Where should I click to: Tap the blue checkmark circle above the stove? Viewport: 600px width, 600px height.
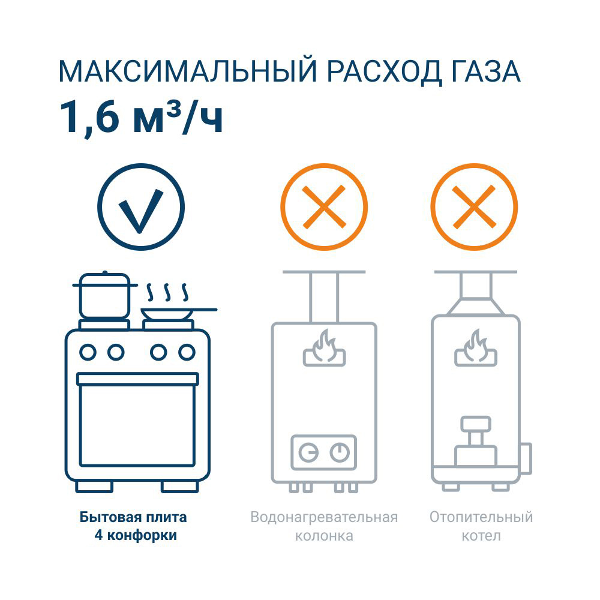141,207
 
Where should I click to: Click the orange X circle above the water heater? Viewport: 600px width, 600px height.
324,207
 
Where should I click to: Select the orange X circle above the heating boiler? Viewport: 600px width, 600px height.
474,207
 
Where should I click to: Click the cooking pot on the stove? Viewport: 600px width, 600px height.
104,296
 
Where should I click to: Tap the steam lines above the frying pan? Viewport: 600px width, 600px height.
167,292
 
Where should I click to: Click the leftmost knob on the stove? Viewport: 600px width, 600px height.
88,352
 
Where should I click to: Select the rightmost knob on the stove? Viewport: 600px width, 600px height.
187,352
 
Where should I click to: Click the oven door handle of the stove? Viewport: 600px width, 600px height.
137,379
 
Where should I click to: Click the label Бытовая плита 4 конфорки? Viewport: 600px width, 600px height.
133,526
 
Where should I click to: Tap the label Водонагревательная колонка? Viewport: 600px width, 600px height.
324,526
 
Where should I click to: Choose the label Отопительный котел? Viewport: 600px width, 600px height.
481,526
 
